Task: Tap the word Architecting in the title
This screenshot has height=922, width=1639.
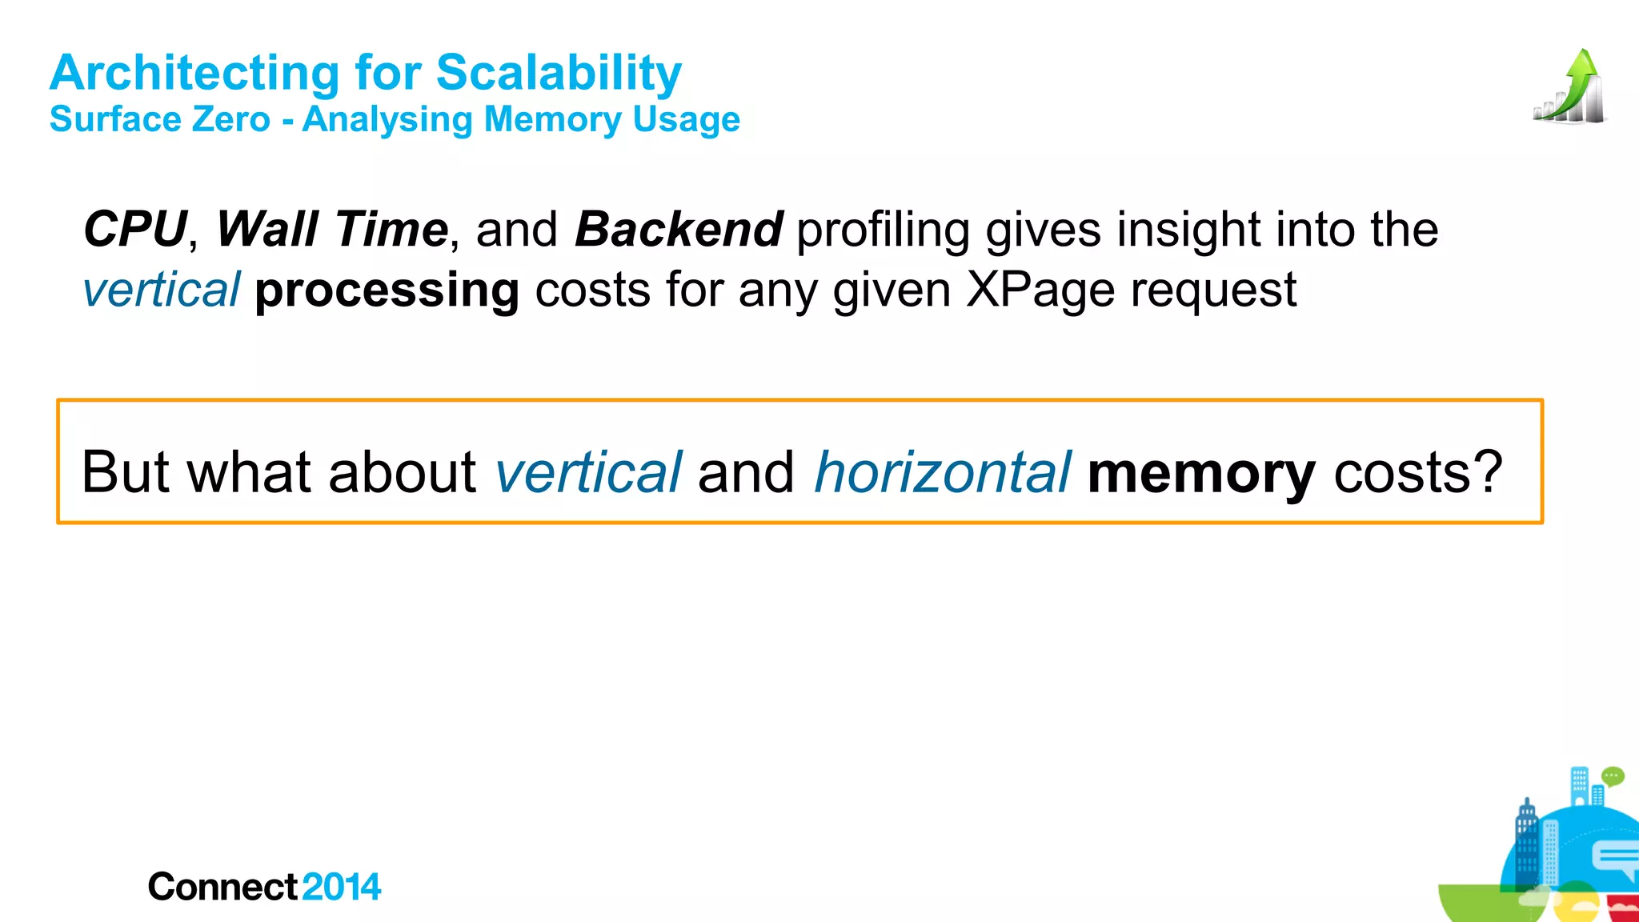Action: click(x=194, y=73)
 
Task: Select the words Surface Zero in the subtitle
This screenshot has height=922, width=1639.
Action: click(x=160, y=120)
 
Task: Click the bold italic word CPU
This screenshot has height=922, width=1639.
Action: click(x=134, y=230)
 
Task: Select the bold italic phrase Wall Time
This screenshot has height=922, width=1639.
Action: click(x=331, y=230)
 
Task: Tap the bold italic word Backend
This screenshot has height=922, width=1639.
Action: click(x=679, y=230)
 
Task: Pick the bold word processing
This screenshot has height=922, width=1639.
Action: click(x=387, y=290)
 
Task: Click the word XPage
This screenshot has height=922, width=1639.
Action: click(x=1040, y=290)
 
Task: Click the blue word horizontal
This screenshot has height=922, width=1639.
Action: click(x=942, y=472)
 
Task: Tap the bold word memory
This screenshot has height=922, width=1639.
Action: click(x=1201, y=472)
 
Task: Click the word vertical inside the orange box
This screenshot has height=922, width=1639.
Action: click(x=588, y=472)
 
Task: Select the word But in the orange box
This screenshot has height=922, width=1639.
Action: click(x=126, y=472)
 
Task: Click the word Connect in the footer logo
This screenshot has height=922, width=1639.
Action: click(x=222, y=887)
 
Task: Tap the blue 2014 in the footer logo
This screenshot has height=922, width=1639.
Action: click(x=342, y=887)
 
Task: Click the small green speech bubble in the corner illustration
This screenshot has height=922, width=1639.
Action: click(x=1613, y=776)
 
